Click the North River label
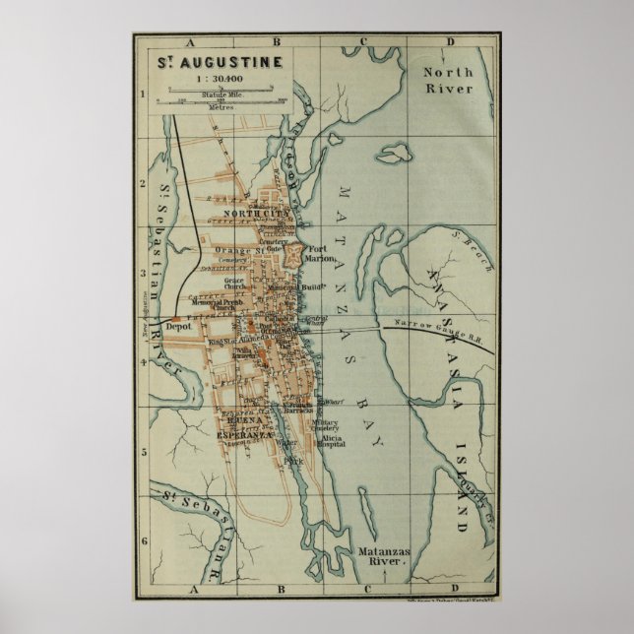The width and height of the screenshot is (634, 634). (x=448, y=80)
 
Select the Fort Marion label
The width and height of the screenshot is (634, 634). (x=322, y=254)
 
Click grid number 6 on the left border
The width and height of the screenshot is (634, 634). (x=144, y=540)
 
